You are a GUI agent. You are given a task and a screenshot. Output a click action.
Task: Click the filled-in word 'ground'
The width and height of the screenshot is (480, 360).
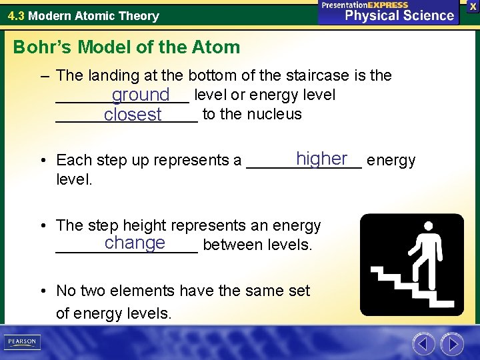point(141,96)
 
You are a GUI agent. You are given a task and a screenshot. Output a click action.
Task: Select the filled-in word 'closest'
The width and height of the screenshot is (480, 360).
point(133,115)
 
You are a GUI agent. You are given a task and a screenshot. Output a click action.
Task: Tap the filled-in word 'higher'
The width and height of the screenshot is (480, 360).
point(322,159)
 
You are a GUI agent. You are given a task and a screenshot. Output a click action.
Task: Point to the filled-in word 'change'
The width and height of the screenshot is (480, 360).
point(135,243)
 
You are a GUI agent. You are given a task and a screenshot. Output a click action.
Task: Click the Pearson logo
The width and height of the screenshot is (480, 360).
point(22,341)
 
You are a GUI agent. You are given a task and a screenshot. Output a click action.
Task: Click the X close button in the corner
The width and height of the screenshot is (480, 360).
point(473,5)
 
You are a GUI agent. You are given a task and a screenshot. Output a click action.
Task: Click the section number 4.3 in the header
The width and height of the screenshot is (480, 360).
point(16,15)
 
